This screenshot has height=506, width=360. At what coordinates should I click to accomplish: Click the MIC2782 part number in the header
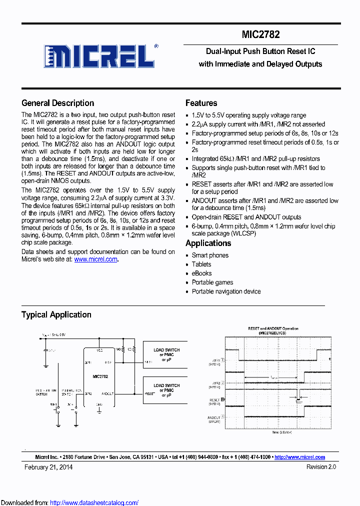(260, 34)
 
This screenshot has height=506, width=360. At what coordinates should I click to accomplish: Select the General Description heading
(57, 103)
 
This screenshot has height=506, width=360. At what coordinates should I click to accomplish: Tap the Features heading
(201, 103)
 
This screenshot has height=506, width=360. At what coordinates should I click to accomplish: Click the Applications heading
(208, 243)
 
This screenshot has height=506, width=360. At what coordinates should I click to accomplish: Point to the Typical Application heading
(56, 314)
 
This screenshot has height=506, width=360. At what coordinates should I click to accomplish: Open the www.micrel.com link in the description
(95, 259)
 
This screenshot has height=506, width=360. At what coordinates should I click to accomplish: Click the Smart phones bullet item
(210, 255)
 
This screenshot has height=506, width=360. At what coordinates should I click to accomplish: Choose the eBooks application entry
(201, 273)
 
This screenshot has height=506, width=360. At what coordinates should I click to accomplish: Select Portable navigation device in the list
(226, 291)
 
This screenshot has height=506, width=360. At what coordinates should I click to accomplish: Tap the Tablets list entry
(201, 264)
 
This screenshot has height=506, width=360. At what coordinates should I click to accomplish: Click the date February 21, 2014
(48, 467)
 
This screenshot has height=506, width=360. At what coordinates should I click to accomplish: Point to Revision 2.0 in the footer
(321, 467)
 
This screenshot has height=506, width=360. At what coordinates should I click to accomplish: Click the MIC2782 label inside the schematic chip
(100, 376)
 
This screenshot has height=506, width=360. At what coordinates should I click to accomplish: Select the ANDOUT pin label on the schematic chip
(107, 393)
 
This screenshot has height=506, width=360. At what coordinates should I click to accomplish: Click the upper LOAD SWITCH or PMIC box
(166, 355)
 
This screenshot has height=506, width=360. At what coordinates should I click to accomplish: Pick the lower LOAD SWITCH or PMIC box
(166, 390)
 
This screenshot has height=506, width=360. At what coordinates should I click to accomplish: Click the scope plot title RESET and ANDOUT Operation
(273, 328)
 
